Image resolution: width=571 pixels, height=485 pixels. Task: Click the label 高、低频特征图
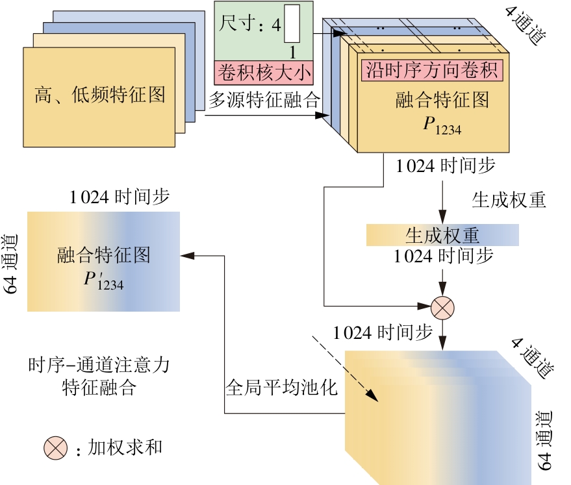99,95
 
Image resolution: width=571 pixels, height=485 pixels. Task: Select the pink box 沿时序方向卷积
433,69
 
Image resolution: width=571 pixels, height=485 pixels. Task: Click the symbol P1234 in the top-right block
442,125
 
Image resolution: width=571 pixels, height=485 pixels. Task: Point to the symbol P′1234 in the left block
103,280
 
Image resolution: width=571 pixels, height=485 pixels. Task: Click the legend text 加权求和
125,447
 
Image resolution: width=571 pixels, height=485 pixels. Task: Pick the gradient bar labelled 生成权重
442,234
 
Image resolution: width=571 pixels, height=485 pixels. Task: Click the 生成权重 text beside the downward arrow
509,200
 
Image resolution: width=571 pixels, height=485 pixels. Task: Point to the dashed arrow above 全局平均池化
344,366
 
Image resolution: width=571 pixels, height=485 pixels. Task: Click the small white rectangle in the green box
292,24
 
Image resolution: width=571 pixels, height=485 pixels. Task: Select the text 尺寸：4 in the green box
251,25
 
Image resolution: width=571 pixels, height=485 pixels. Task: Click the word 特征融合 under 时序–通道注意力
99,388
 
